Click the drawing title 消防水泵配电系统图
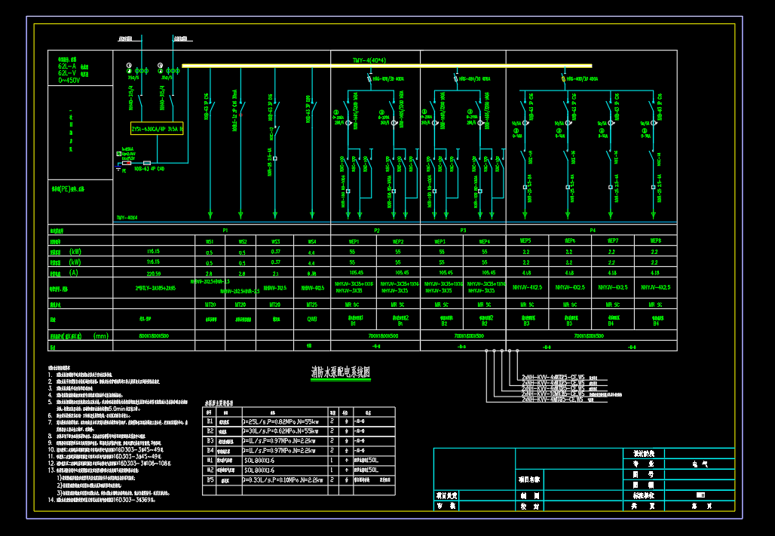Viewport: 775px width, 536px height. (x=341, y=372)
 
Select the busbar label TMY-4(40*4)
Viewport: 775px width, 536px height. (x=374, y=60)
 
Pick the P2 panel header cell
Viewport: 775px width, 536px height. (x=376, y=230)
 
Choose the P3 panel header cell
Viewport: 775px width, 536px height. (x=462, y=230)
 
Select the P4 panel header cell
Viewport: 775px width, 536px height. (x=592, y=230)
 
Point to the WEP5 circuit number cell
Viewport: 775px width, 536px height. (x=526, y=241)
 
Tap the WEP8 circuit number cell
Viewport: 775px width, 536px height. (x=654, y=241)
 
